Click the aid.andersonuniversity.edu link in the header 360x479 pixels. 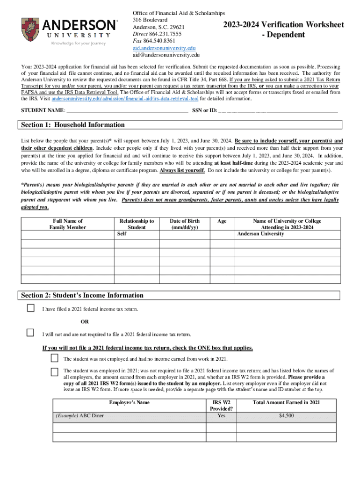[x=164, y=48]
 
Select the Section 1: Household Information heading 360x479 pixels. [x=73, y=125]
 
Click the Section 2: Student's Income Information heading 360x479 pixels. [x=82, y=296]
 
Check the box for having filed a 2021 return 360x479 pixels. [x=31, y=308]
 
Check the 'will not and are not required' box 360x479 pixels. [x=31, y=333]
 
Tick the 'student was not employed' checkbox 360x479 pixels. [x=55, y=358]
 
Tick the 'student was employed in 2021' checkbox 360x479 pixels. [x=55, y=373]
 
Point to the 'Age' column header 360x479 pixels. [x=222, y=221]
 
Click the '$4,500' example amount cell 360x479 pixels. [x=286, y=415]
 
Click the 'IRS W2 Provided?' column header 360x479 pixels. [x=221, y=405]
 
